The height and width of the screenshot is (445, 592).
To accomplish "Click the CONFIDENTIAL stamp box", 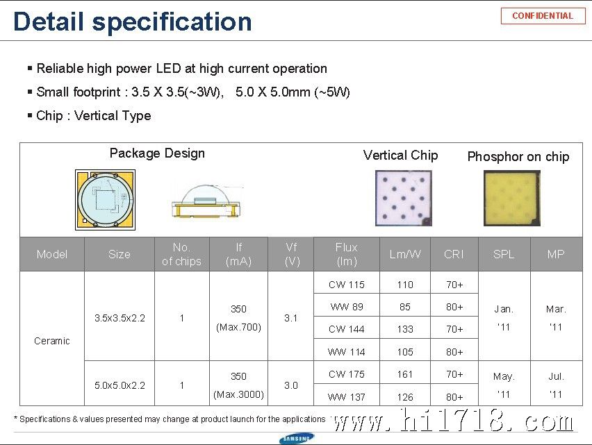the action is (543, 16).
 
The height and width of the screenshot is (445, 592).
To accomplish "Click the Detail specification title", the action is (132, 22).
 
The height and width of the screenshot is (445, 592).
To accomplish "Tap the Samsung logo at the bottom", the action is (297, 439).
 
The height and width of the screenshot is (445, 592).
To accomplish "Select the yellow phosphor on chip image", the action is (512, 199).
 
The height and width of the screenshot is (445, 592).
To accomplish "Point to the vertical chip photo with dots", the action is (403, 199).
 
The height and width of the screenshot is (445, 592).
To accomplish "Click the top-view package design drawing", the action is (106, 200).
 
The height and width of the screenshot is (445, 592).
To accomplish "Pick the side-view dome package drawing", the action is (206, 201).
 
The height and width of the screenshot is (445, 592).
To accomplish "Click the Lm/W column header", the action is (405, 254).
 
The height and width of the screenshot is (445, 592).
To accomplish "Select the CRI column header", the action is (454, 254).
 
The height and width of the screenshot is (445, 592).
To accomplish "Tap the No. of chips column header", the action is (181, 254).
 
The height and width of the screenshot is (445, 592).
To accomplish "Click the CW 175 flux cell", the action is (347, 374).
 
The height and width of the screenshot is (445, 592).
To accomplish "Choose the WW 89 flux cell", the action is (347, 307).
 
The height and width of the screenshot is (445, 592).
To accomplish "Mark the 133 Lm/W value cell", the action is (405, 329).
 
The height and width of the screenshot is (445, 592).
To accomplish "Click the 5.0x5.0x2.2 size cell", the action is (120, 385).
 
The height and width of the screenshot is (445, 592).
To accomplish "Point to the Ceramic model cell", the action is (52, 341).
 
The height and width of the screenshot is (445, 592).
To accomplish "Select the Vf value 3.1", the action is (290, 318).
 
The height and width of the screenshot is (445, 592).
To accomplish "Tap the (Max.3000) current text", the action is (238, 394).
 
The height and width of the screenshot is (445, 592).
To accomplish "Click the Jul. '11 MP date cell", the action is (556, 385).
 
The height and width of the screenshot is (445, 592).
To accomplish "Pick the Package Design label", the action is (157, 153).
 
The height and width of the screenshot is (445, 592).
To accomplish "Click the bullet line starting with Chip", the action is (93, 115).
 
